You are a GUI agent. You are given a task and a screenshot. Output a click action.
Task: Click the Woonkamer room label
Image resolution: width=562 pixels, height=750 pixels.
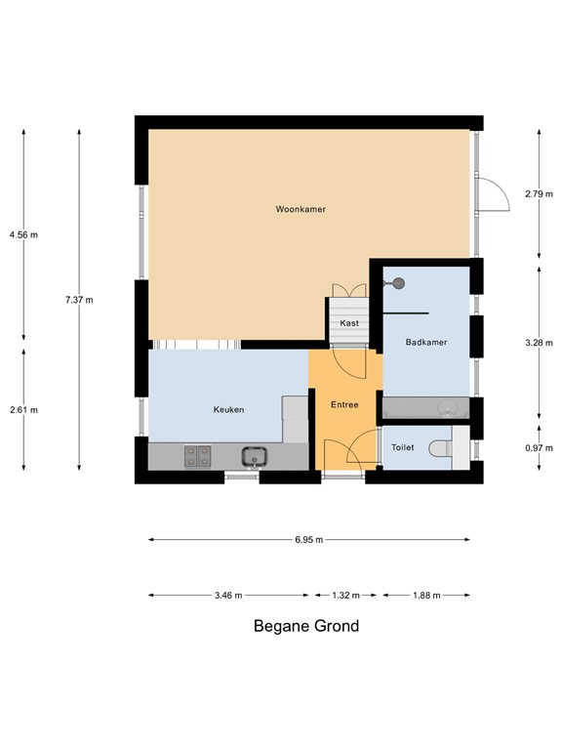click(x=301, y=210)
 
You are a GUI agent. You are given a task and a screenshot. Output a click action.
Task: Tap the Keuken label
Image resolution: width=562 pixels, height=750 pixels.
click(x=228, y=410)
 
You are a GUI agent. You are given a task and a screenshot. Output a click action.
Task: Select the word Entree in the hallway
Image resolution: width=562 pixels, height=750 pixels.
click(x=344, y=405)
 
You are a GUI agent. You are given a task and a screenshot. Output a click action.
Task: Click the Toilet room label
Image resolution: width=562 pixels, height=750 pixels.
click(x=402, y=447)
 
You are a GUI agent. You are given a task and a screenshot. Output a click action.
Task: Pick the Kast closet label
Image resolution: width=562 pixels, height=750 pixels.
click(x=349, y=323)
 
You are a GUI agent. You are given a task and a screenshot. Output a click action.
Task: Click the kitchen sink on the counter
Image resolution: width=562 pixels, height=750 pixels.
click(x=256, y=455)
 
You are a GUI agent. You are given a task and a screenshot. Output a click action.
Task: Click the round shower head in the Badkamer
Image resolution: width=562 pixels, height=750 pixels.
click(x=399, y=283)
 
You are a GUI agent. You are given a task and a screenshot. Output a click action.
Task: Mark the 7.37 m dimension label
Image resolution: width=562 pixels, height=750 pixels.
click(x=79, y=300)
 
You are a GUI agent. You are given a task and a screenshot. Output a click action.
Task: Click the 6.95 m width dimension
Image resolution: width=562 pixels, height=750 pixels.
click(x=309, y=539)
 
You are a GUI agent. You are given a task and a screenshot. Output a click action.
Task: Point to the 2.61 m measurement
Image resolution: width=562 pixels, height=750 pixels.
click(x=23, y=410)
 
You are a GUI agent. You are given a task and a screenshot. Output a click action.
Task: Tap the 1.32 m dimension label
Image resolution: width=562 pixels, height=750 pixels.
click(x=345, y=595)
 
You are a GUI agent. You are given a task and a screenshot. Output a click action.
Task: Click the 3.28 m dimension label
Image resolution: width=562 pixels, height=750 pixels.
click(x=539, y=343)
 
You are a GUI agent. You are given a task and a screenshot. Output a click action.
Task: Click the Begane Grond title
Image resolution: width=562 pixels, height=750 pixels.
click(x=306, y=626)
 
